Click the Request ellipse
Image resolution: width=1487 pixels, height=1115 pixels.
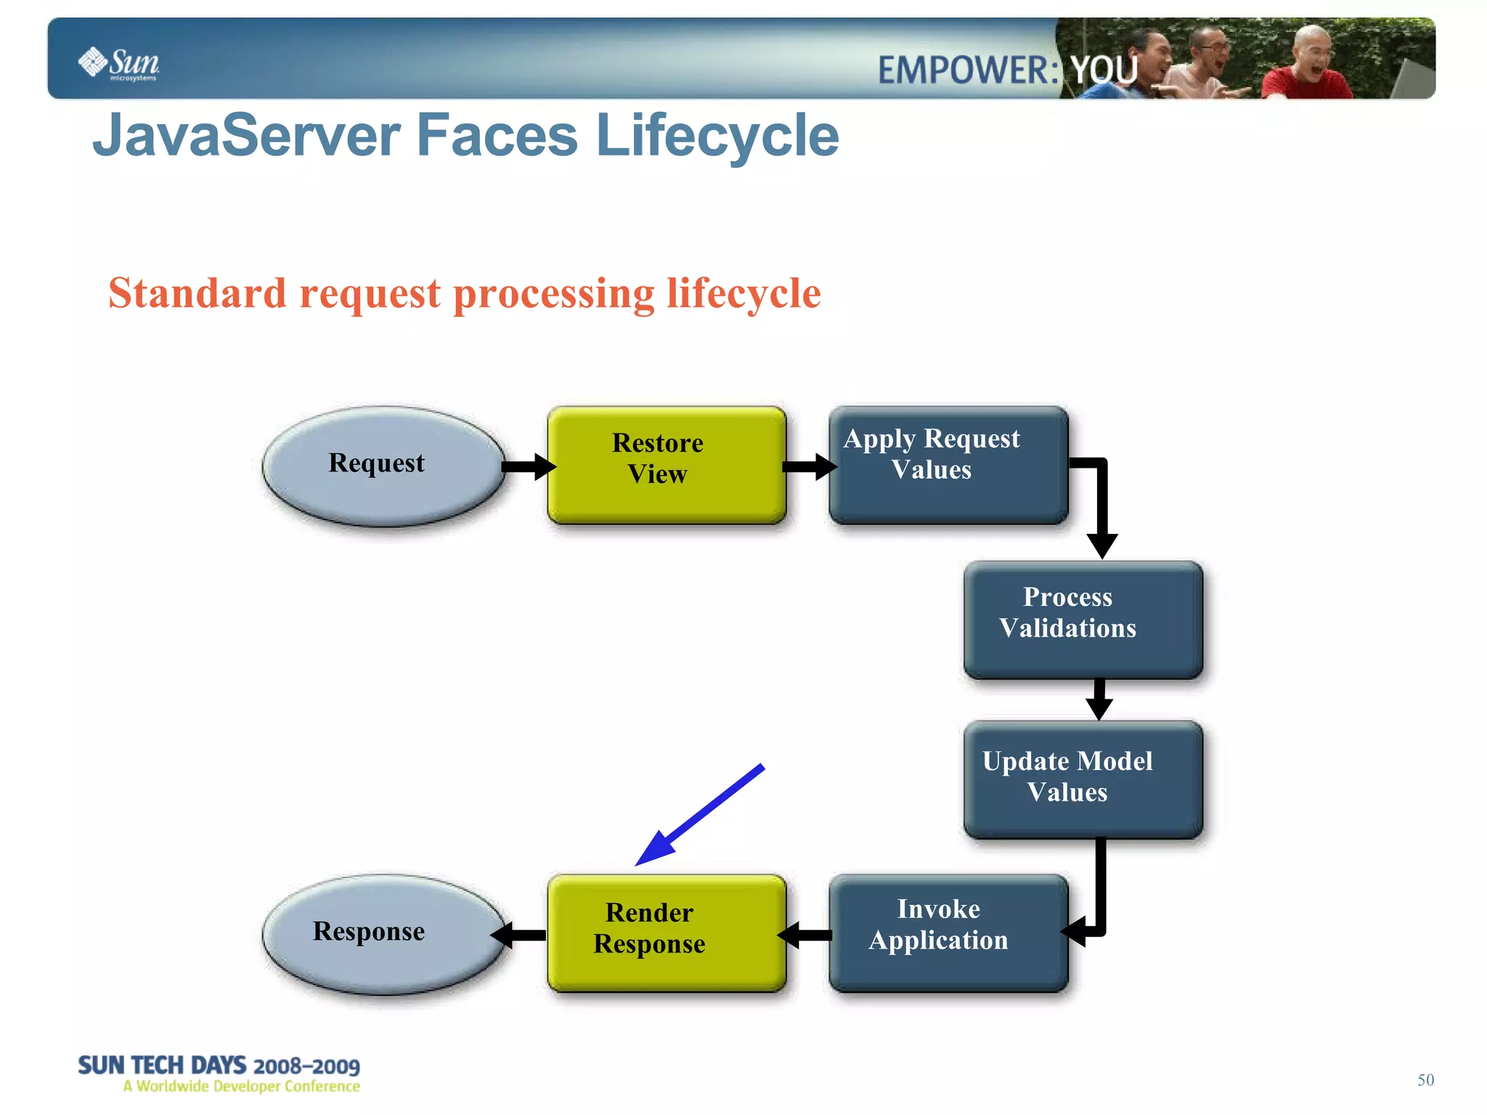[383, 466]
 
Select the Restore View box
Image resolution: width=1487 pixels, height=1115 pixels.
[666, 465]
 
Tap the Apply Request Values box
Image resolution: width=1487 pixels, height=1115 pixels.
[948, 465]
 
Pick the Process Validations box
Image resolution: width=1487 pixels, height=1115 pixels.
[1083, 620]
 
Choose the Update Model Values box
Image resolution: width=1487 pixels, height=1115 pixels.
[1083, 779]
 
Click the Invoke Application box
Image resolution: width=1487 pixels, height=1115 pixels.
[948, 933]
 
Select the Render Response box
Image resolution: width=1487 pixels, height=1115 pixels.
[666, 933]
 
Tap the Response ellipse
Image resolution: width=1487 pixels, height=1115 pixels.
[383, 934]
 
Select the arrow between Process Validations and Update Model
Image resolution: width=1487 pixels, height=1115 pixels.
[1099, 699]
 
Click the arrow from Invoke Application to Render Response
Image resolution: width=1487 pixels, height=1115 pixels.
[806, 935]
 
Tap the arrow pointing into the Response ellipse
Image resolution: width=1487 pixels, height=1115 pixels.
[520, 935]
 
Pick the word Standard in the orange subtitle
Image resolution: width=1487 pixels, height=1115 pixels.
[197, 293]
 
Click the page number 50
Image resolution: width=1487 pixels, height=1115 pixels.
[1425, 1079]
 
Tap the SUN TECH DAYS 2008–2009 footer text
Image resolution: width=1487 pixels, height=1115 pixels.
[219, 1066]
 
